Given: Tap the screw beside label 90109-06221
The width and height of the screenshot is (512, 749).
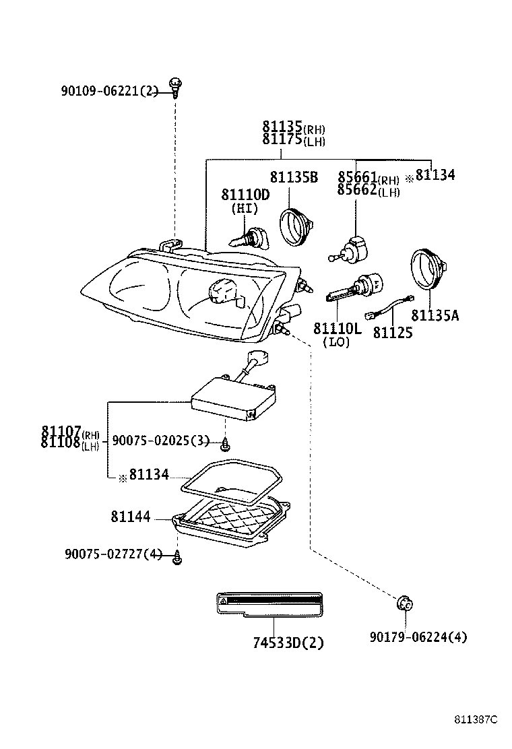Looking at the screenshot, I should tap(176, 86).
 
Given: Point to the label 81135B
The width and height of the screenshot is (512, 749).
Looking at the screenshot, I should tap(293, 177).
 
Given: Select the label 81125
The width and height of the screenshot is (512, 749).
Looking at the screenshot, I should tap(393, 333).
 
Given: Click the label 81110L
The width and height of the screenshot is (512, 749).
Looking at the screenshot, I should tap(337, 329).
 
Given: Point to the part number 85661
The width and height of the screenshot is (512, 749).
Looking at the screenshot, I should tap(357, 177).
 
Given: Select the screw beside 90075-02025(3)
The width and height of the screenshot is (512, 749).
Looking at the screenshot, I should tap(226, 442).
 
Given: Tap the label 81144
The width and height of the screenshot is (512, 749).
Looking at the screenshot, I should tap(131, 518).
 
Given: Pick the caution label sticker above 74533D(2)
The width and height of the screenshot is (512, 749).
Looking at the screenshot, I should tap(269, 603).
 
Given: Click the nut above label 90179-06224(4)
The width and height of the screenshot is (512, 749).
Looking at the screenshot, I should tap(404, 604).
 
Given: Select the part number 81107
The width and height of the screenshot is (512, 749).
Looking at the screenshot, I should tap(61, 431).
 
